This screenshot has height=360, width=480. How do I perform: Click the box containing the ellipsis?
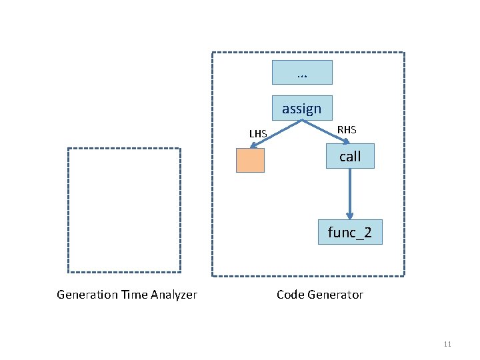click(302, 72)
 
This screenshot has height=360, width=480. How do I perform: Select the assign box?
click(301, 109)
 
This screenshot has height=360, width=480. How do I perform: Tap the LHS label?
click(258, 134)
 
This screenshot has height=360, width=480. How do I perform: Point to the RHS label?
click(347, 129)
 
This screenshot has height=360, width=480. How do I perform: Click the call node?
click(349, 156)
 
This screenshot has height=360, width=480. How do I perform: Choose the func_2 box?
click(350, 232)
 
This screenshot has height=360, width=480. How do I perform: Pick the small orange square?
click(250, 161)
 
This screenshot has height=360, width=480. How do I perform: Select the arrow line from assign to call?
click(325, 131)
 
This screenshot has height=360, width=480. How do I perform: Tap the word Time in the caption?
click(133, 295)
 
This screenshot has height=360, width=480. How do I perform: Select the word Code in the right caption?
click(290, 295)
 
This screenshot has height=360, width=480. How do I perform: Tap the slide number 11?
click(447, 344)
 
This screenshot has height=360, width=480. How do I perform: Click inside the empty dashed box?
click(124, 210)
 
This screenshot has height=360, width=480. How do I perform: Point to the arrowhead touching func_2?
click(349, 215)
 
